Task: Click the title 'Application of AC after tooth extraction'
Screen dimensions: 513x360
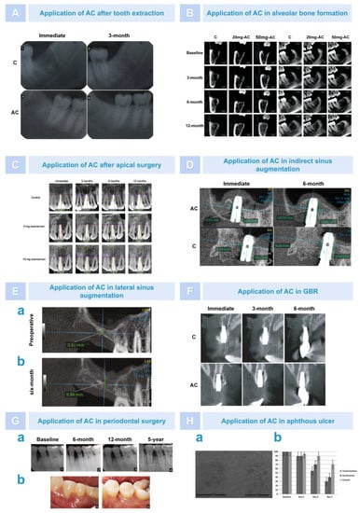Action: point(93,14)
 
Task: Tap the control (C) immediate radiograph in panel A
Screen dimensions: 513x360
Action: point(62,57)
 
